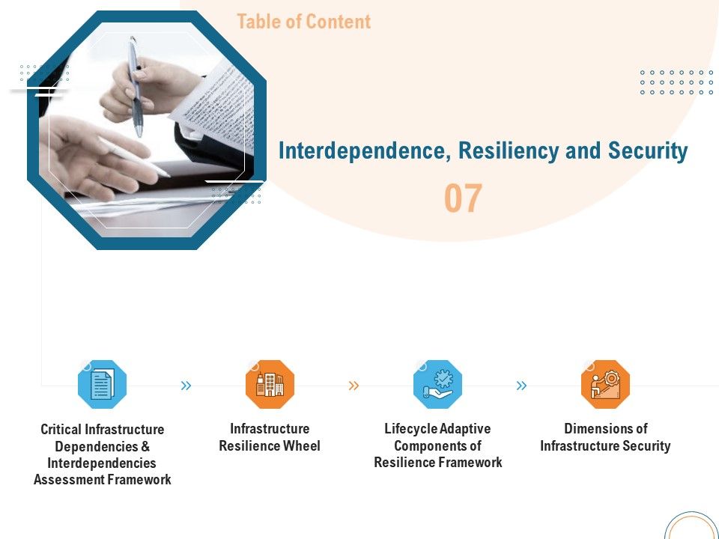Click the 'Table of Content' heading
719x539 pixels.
(303, 22)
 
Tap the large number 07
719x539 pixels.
(463, 198)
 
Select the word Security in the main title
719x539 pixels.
(648, 151)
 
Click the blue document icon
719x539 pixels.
(103, 385)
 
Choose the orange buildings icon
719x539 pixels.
(270, 385)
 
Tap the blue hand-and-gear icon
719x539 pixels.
(437, 385)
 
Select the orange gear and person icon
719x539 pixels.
(605, 385)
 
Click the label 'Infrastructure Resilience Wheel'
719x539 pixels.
(270, 437)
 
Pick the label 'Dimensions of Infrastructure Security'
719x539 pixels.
(605, 437)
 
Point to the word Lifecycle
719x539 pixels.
(411, 429)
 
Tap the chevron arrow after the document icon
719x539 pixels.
(186, 386)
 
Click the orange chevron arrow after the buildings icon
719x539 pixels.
(354, 386)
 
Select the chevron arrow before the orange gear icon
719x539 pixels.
(521, 386)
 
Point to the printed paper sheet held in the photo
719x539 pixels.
(213, 97)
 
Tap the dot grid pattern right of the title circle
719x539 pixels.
(676, 82)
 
